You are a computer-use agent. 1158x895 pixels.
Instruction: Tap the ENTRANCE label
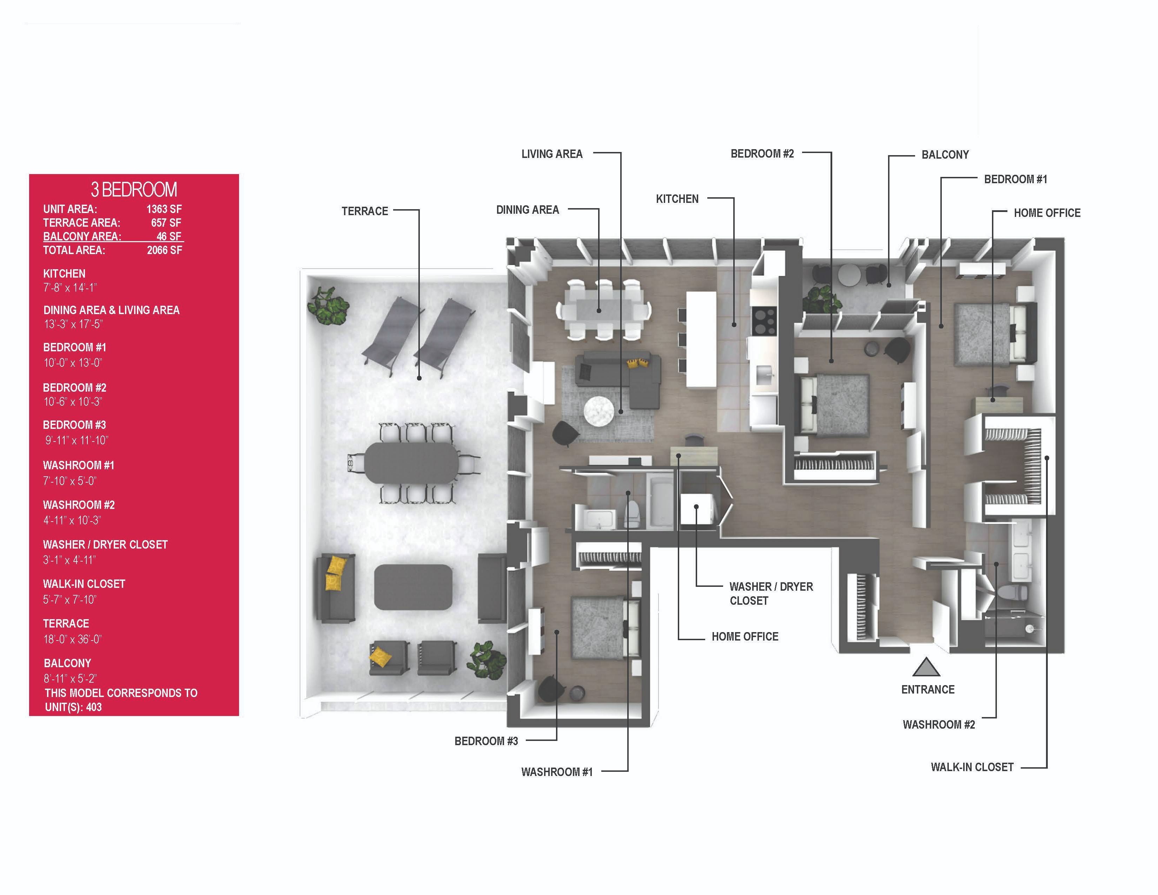928,689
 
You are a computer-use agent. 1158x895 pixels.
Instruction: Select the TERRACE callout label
365,211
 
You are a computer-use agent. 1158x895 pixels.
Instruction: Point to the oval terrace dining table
411,462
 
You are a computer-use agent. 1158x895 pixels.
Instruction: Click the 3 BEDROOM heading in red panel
134,189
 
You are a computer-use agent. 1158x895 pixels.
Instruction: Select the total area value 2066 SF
164,250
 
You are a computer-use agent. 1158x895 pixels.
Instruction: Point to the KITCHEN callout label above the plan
677,199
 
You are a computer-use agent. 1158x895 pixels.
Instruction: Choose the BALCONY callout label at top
945,155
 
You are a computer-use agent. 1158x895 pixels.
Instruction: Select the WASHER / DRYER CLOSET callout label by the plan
771,593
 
